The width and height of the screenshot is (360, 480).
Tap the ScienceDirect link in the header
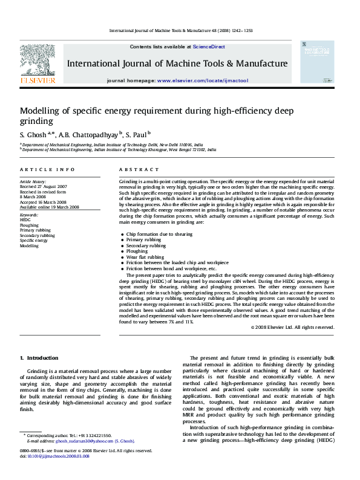click(x=209, y=47)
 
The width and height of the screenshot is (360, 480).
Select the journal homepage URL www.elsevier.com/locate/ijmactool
click(x=202, y=80)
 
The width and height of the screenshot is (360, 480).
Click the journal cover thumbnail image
click(x=316, y=62)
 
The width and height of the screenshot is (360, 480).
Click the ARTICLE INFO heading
click(x=47, y=170)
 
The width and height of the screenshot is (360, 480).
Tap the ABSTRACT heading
click(x=134, y=170)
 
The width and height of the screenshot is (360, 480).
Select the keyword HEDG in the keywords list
click(x=25, y=220)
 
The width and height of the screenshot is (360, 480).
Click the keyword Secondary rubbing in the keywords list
click(x=38, y=235)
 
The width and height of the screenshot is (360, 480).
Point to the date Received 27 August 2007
click(x=44, y=186)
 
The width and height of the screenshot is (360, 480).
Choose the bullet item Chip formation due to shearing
click(x=159, y=234)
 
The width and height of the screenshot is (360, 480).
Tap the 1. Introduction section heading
click(x=39, y=358)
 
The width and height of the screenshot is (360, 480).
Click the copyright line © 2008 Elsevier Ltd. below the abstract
click(x=292, y=327)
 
